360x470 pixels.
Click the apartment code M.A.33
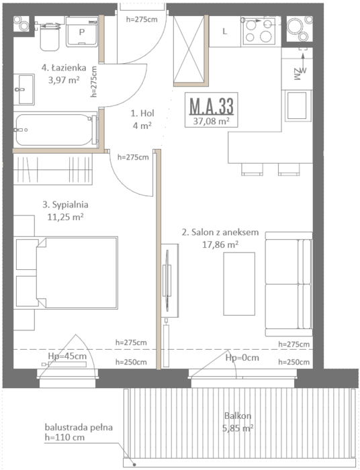[212, 106]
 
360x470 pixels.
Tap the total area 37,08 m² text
[212, 122]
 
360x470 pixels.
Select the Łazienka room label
[64, 68]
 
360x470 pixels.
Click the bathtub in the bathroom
[56, 130]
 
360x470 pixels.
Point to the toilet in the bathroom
[50, 36]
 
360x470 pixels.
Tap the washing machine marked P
[82, 32]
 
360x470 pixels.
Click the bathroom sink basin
[24, 89]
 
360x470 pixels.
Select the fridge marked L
[225, 32]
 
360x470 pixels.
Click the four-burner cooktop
[259, 31]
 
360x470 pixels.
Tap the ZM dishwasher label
[297, 74]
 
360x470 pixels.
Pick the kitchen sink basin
[297, 105]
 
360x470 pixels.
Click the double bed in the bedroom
[66, 273]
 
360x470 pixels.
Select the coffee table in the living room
[239, 283]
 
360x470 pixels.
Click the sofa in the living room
[289, 284]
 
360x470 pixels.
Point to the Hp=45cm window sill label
[67, 356]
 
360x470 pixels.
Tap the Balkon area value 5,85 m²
[238, 428]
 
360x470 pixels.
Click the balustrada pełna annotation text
[79, 427]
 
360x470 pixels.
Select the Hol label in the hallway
[142, 113]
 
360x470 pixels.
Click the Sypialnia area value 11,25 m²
[65, 217]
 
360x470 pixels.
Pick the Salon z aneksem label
[220, 232]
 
